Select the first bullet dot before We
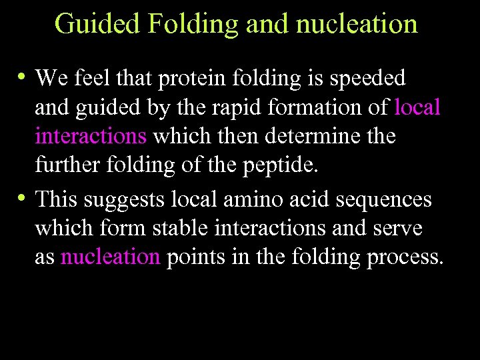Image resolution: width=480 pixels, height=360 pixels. click(x=23, y=77)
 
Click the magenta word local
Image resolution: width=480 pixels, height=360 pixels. click(x=417, y=107)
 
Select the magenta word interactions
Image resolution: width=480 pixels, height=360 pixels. click(x=91, y=137)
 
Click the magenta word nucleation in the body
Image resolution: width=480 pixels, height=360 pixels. click(x=111, y=257)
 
